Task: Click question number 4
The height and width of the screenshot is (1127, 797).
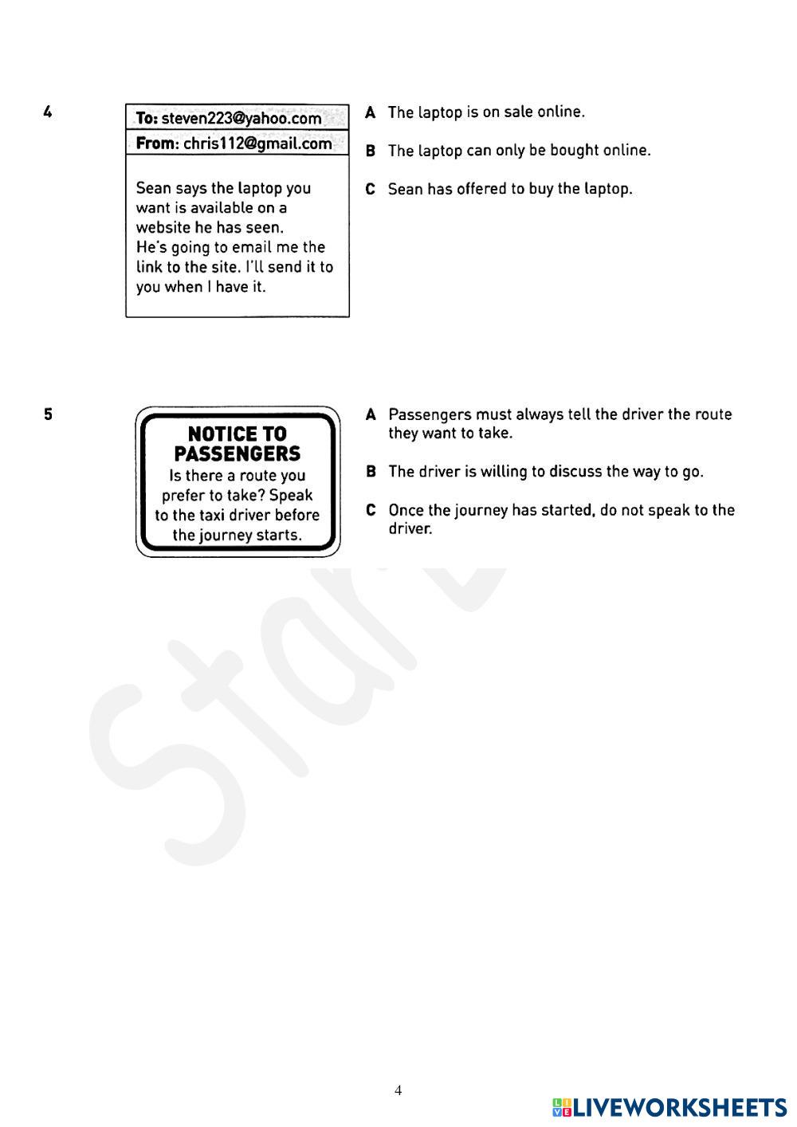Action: coord(49,112)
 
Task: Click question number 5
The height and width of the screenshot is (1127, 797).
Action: coord(49,414)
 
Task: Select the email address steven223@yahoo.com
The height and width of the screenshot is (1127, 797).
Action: coord(241,119)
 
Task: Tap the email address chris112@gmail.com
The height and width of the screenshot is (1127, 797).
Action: coord(257,143)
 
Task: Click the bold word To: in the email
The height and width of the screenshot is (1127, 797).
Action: coord(147,119)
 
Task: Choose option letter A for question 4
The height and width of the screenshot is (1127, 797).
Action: coord(371,112)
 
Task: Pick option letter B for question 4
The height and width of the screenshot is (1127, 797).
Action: coord(371,151)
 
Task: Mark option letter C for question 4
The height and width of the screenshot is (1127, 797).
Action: coord(371,190)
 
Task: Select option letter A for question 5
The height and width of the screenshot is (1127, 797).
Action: coord(371,414)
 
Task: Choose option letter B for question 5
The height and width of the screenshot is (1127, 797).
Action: coord(371,472)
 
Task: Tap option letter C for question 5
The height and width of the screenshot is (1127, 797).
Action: coord(371,510)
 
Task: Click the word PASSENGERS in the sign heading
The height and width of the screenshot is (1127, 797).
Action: coord(238,454)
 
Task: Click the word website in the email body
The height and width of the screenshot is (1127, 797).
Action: coord(163,227)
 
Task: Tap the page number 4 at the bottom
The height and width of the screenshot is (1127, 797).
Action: coord(398,1090)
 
